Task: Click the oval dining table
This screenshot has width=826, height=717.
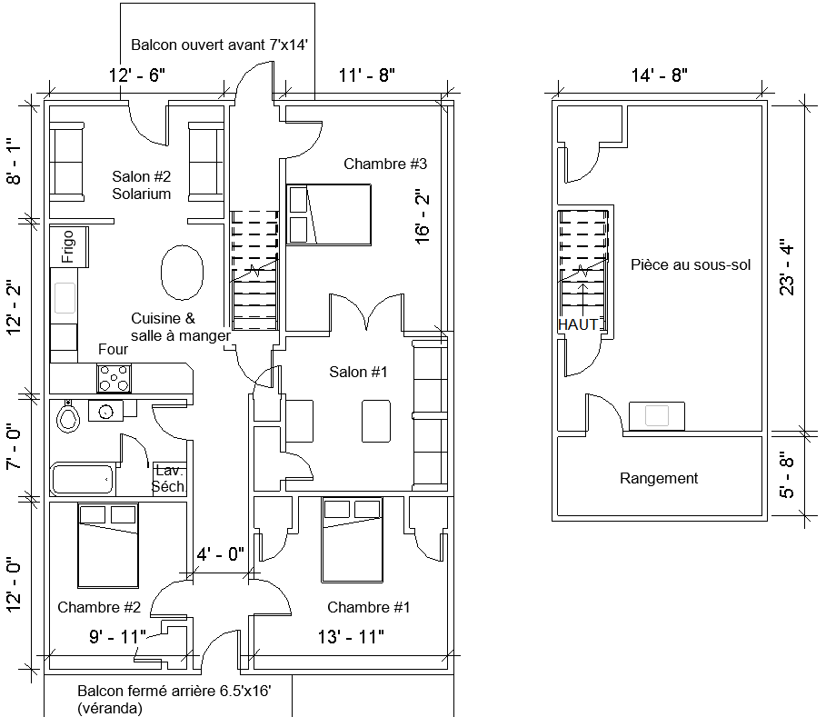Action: point(181,272)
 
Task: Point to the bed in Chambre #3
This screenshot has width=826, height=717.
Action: point(329,214)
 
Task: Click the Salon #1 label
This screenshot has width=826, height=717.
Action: point(358,372)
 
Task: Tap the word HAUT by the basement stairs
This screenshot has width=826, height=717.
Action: point(578,324)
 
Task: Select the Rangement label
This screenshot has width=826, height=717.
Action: point(659,478)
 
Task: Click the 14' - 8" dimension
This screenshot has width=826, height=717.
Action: point(659,75)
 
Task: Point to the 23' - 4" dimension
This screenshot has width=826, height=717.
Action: point(788,267)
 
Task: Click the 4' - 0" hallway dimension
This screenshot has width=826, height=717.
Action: point(221,553)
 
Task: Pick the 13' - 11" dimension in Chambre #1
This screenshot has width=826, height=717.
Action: point(350,636)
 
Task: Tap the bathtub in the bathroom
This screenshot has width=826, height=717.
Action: point(82,478)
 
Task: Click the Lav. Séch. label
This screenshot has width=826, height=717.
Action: point(170,478)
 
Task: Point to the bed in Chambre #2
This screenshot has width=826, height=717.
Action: point(107,544)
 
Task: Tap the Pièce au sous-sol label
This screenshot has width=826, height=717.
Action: point(690,264)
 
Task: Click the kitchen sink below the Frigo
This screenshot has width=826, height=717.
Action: point(65,298)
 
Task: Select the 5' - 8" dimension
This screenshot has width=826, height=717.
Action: point(788,475)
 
